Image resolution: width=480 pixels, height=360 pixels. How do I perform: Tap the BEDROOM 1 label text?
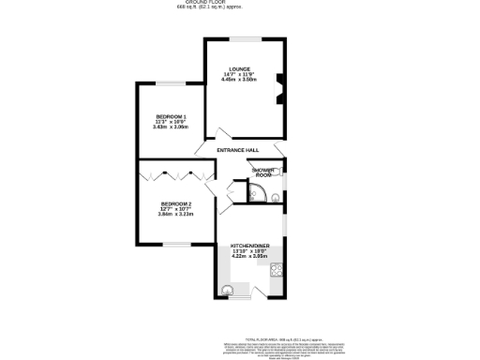coord(171,115)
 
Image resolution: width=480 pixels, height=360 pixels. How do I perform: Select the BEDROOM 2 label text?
coord(175,203)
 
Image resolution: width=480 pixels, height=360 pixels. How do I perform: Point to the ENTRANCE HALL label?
coord(237,150)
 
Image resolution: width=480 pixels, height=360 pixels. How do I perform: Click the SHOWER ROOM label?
coord(264,172)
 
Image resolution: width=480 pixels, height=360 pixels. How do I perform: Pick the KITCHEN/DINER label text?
coord(249,246)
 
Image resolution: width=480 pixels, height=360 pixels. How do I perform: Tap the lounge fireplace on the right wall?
coord(277,87)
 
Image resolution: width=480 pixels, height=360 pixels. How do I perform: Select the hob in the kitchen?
coord(277,271)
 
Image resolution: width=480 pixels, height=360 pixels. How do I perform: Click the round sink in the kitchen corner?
coord(228,289)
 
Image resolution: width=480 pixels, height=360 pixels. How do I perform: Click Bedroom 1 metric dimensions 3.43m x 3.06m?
coord(171,127)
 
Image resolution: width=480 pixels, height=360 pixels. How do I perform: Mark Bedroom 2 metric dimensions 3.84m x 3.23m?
coord(175,215)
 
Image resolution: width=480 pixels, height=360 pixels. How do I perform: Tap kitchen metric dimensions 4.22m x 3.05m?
coord(249,256)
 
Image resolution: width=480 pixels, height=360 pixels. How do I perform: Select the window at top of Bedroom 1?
coord(170,83)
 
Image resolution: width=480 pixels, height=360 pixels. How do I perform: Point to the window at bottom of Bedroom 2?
coord(175,246)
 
